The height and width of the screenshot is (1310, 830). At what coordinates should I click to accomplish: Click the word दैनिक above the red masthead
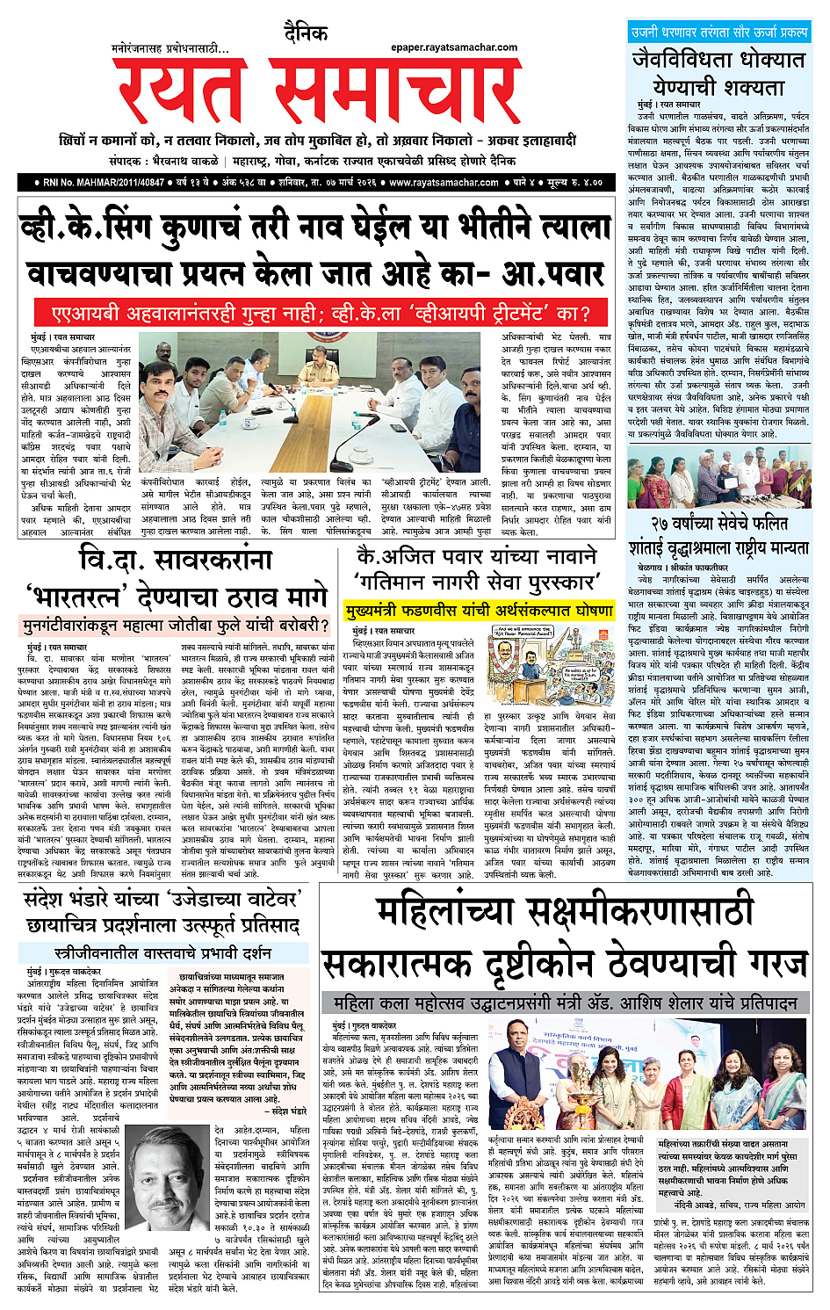[x=306, y=34]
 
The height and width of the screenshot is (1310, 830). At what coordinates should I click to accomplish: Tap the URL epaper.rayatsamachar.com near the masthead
[x=454, y=47]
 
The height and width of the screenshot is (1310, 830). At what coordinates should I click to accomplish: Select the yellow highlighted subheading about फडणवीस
[x=479, y=610]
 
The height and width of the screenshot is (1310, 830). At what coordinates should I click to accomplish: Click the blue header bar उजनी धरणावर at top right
[x=718, y=32]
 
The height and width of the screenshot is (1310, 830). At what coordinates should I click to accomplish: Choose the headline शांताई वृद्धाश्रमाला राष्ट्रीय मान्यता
[x=718, y=547]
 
